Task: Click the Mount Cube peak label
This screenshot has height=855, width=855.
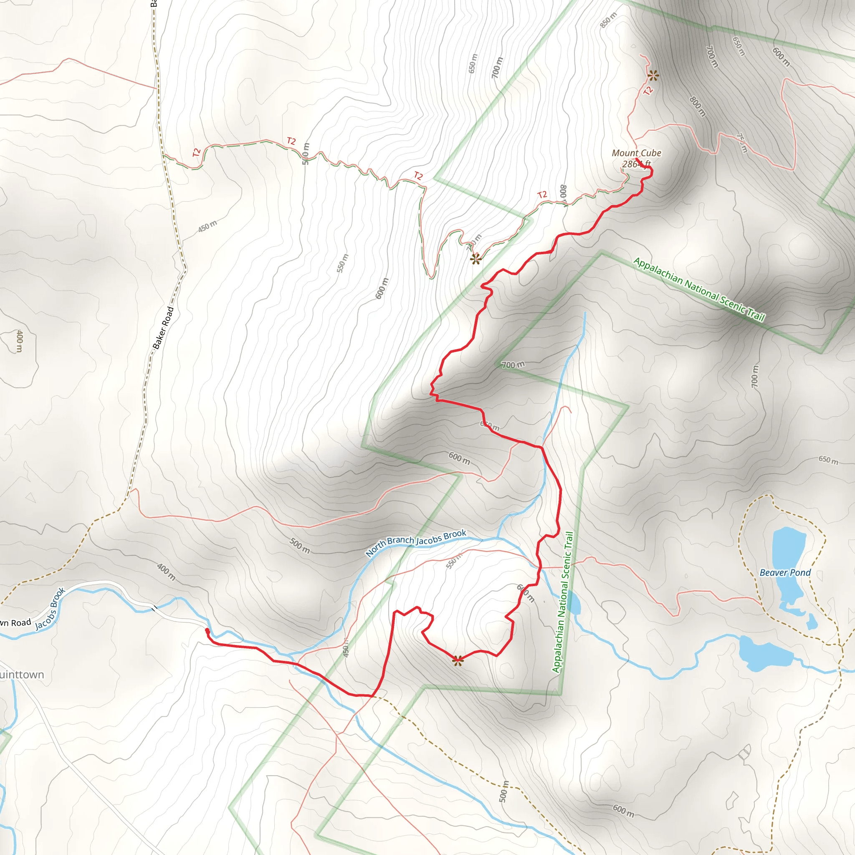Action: click(x=636, y=153)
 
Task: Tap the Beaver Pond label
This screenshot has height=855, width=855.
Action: click(x=785, y=573)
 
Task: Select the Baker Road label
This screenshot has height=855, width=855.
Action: click(x=163, y=328)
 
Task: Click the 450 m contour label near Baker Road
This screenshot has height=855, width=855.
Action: click(x=207, y=227)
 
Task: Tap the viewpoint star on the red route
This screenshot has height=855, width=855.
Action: click(x=458, y=661)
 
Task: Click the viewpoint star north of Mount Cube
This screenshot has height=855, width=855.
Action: click(x=653, y=76)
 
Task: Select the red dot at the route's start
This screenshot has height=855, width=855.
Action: click(x=207, y=630)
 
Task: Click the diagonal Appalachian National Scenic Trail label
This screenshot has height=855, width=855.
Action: click(x=699, y=289)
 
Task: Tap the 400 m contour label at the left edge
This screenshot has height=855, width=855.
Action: click(x=20, y=341)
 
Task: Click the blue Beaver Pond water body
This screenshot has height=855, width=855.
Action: click(x=788, y=553)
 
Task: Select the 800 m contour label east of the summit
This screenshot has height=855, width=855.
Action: click(x=698, y=106)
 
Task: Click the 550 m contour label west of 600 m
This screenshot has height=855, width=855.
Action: click(x=342, y=263)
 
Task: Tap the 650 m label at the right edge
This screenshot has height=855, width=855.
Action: click(x=828, y=460)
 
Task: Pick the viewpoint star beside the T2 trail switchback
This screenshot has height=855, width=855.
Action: click(x=475, y=259)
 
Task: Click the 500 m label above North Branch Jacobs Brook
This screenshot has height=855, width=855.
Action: click(x=300, y=546)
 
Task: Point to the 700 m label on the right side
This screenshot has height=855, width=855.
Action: click(x=755, y=377)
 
